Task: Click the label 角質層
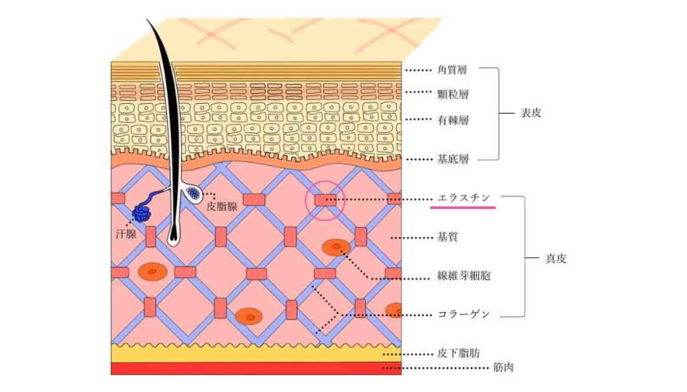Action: point(452,70)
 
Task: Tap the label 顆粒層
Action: point(453,94)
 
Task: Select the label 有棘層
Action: point(453,120)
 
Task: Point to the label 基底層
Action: point(453,159)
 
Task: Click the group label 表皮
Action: point(531,113)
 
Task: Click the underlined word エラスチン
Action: point(464,198)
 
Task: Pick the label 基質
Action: point(447,238)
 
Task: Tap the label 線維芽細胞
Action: point(464,275)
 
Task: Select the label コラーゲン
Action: point(464,314)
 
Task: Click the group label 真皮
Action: point(556,259)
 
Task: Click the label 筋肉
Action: point(503,367)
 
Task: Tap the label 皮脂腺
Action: point(222,206)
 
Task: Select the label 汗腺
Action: point(126,234)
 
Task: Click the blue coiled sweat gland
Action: point(142,212)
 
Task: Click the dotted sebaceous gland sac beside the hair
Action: point(193,193)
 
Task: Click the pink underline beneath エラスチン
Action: point(463,207)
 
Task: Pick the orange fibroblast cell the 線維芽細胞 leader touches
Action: point(336,247)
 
